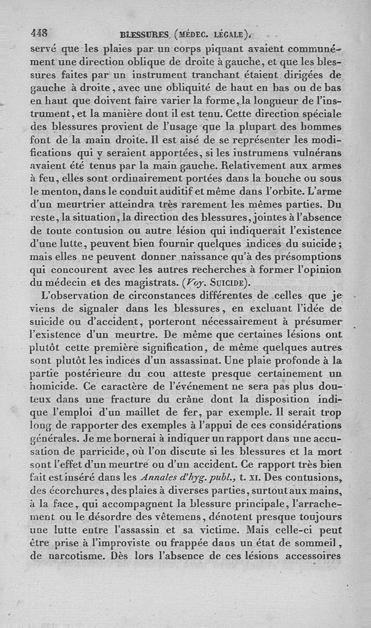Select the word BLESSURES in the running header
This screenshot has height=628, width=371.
point(145,34)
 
